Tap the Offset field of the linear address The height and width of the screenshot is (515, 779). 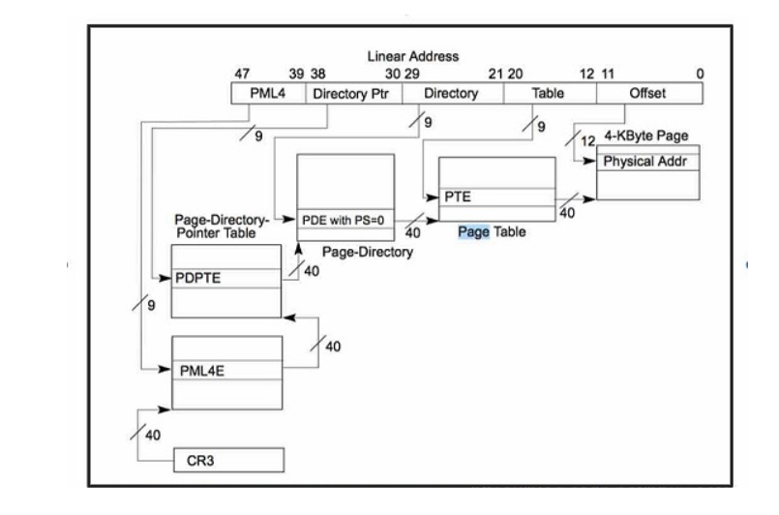pyautogui.click(x=648, y=94)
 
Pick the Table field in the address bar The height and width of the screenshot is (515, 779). pyautogui.click(x=548, y=94)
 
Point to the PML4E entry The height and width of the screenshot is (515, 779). pyautogui.click(x=226, y=370)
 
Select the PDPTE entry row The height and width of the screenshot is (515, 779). pyautogui.click(x=225, y=279)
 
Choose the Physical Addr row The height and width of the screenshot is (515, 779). pyautogui.click(x=647, y=162)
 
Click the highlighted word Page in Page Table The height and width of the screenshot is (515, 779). pyautogui.click(x=472, y=232)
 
